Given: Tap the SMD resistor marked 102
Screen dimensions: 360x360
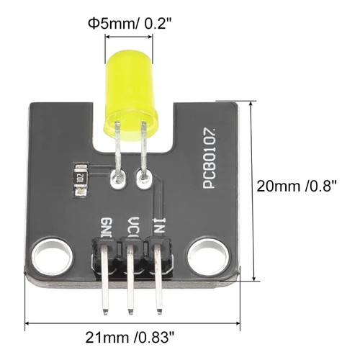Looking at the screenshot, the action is [x=81, y=180].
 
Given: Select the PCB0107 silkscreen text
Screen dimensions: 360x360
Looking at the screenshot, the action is [x=210, y=158].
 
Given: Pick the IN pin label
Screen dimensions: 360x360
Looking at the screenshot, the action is [x=159, y=225].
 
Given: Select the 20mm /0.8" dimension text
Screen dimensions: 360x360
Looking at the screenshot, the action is [x=297, y=186].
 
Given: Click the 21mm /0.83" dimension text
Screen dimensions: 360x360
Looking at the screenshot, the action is [x=130, y=338].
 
